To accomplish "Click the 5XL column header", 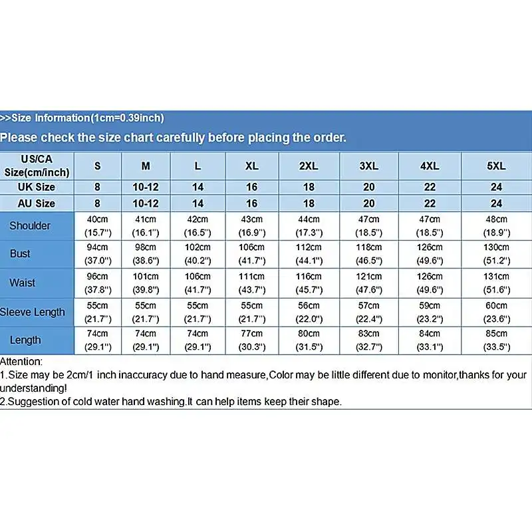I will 497,166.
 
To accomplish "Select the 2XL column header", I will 309,166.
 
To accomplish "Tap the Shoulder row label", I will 30,226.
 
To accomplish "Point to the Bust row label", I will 20,254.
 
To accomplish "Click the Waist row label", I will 23,283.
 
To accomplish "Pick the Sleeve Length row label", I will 33,312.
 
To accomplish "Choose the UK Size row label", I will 37,188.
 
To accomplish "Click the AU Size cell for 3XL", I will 369,203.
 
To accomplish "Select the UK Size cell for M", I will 146,188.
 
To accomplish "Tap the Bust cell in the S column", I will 97,254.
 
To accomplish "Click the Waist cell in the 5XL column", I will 497,283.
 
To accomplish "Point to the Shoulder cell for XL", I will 251,226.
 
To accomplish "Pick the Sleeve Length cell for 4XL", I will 430,312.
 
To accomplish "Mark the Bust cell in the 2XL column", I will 309,254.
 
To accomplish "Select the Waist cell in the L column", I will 198,283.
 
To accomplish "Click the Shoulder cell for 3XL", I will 369,226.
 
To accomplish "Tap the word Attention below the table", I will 21,362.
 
